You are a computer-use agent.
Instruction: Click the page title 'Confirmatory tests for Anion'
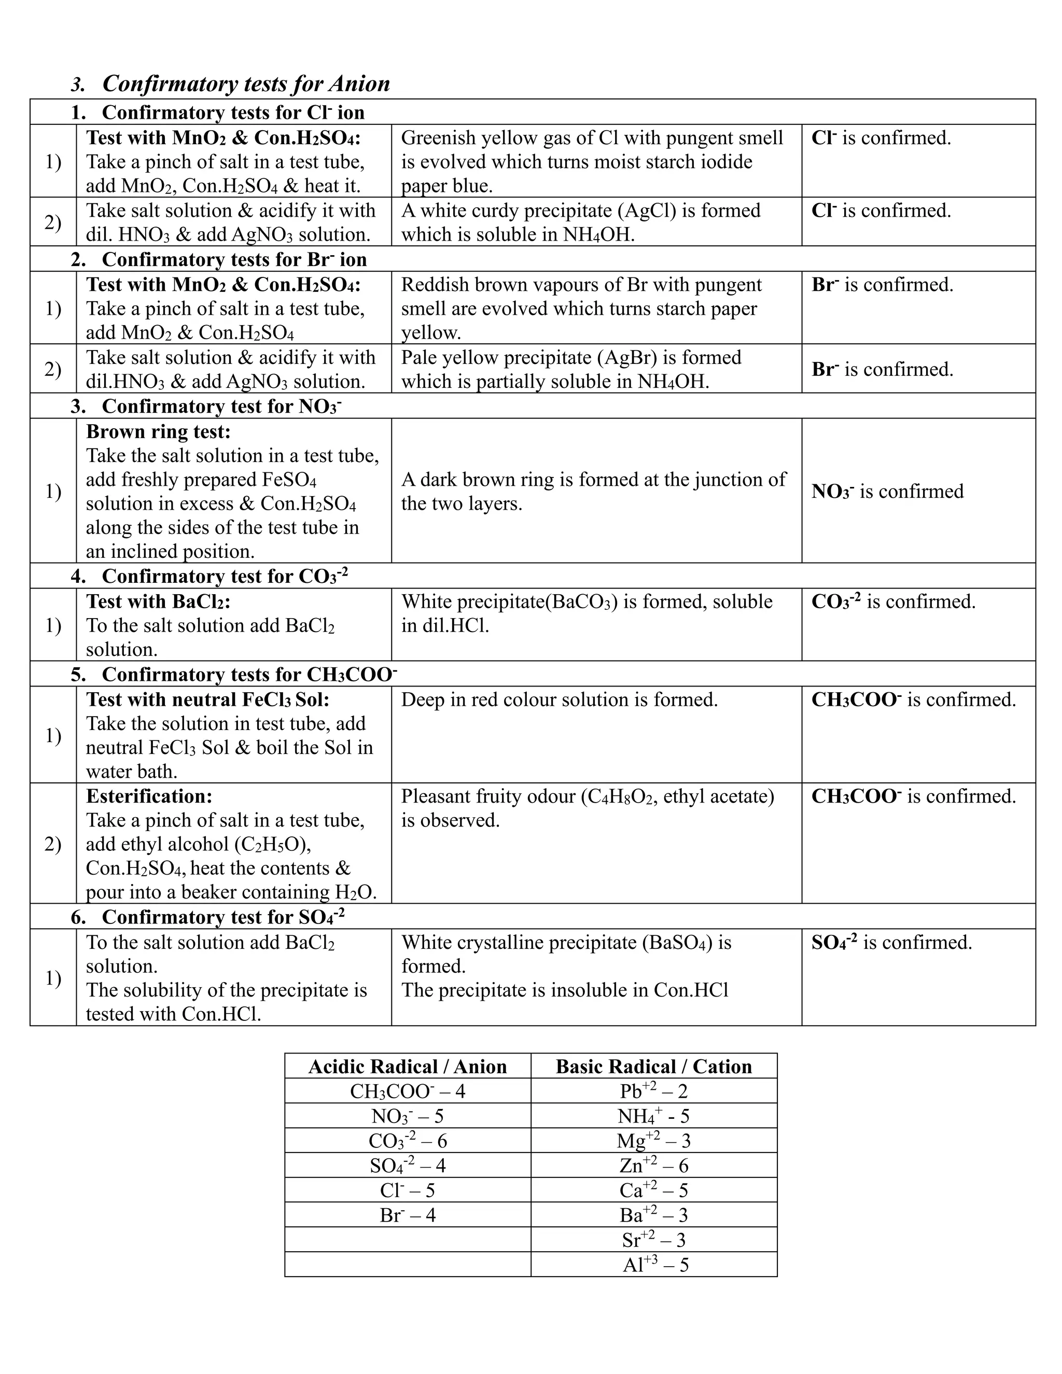pyautogui.click(x=246, y=83)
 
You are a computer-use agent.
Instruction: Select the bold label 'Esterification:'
pyautogui.click(x=149, y=796)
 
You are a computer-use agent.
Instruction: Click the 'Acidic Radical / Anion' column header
pyautogui.click(x=407, y=1067)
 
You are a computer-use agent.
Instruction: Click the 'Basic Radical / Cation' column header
pyautogui.click(x=654, y=1067)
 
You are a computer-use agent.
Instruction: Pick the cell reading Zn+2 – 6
pyautogui.click(x=654, y=1165)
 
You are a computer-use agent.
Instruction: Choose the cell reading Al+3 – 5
pyautogui.click(x=655, y=1264)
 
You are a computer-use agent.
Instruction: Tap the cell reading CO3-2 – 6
pyautogui.click(x=407, y=1141)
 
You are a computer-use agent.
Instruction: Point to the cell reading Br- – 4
pyautogui.click(x=407, y=1215)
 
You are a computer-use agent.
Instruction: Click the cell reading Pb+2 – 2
pyautogui.click(x=654, y=1091)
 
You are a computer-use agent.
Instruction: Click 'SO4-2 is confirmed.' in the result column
pyautogui.click(x=891, y=943)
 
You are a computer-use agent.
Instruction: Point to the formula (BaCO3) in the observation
pyautogui.click(x=581, y=601)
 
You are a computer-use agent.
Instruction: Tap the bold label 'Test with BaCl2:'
pyautogui.click(x=159, y=601)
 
